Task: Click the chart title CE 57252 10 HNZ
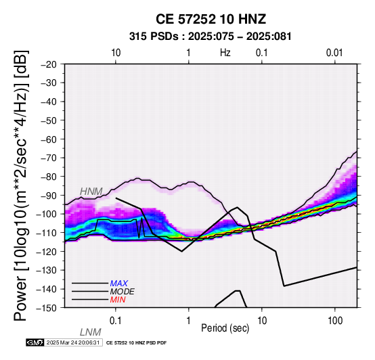click(x=211, y=19)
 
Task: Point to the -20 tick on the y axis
click(x=49, y=64)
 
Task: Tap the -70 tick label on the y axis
click(x=49, y=158)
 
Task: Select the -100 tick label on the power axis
click(x=47, y=214)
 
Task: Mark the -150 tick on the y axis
click(x=47, y=308)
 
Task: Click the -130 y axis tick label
click(x=47, y=271)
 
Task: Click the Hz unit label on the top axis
click(x=225, y=53)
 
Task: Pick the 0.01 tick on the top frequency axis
click(x=334, y=53)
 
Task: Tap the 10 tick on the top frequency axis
click(x=116, y=53)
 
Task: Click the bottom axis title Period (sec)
click(x=225, y=328)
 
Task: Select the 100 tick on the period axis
click(x=335, y=321)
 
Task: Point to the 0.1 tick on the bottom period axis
click(x=115, y=321)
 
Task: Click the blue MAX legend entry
click(x=119, y=284)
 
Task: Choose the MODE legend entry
click(x=123, y=292)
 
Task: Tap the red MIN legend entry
click(x=118, y=300)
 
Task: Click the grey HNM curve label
click(x=91, y=192)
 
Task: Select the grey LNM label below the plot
click(x=91, y=332)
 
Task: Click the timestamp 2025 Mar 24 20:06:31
click(x=72, y=342)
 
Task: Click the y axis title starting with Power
click(x=21, y=185)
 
